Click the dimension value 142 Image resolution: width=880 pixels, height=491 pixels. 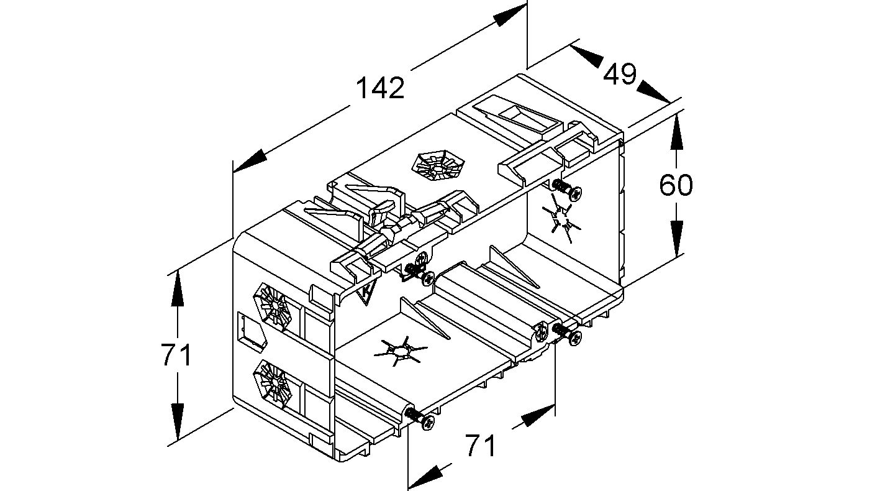(380, 88)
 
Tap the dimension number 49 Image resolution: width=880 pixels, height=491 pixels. (620, 74)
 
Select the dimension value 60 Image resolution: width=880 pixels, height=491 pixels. (676, 185)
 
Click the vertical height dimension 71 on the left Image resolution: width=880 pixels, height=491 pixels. (177, 356)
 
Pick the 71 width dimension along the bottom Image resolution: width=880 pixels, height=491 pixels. (481, 445)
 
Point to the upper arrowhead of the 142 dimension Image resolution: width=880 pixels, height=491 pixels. (510, 15)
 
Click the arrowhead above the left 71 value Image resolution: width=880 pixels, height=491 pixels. (178, 288)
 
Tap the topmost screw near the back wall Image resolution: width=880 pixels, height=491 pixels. (568, 190)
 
